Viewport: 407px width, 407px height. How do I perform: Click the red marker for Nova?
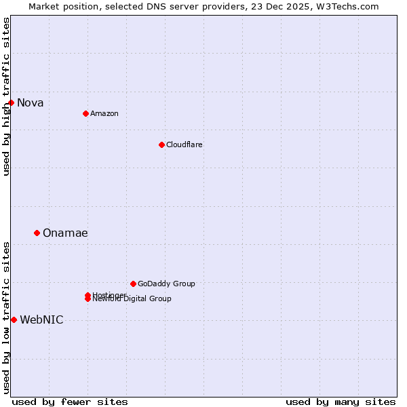(x=12, y=102)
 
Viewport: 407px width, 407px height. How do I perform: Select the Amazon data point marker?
(x=85, y=113)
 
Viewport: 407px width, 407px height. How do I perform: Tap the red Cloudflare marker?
(x=161, y=144)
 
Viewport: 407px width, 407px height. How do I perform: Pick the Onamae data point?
(x=37, y=233)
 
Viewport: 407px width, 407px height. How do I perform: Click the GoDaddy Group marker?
(x=133, y=284)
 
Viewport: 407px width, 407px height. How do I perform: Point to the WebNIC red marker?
(x=14, y=319)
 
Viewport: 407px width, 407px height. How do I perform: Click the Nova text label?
(x=31, y=103)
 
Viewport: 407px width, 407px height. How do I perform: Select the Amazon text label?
(x=104, y=113)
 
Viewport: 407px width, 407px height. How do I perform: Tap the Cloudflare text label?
(x=185, y=144)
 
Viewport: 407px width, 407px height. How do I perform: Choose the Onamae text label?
(x=65, y=233)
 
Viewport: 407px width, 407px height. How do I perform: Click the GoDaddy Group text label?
(x=166, y=284)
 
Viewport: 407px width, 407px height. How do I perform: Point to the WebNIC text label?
(x=42, y=320)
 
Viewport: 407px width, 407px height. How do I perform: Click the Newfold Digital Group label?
(x=133, y=299)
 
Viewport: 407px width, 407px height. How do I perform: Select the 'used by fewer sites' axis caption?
(x=70, y=402)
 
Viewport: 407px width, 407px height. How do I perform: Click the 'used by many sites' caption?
(x=341, y=402)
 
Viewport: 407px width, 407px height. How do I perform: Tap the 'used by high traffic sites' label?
(x=6, y=96)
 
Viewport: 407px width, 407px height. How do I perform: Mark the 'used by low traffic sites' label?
(x=6, y=317)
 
